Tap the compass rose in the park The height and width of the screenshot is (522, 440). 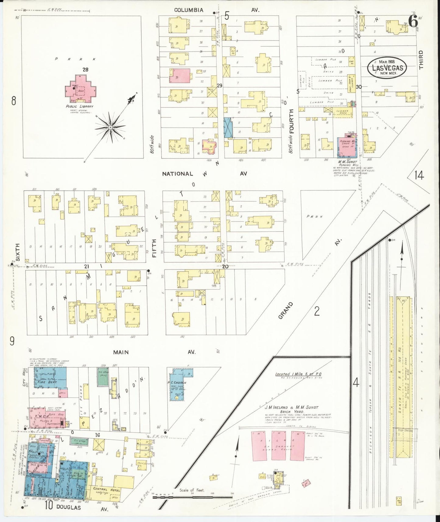[x=110, y=127]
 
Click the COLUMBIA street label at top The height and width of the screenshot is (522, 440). [x=188, y=10]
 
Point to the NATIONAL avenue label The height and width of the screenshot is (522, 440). [x=177, y=174]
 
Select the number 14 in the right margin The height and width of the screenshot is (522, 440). [x=419, y=175]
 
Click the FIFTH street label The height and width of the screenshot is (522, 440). [x=154, y=248]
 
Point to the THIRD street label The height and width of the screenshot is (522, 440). [x=421, y=60]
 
